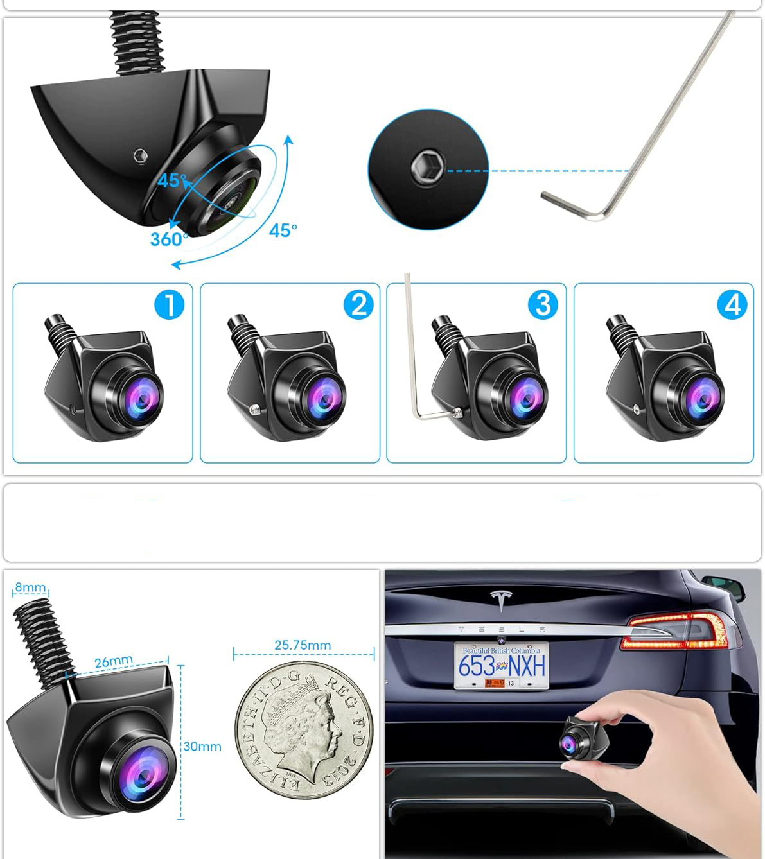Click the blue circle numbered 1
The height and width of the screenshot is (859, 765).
point(170,304)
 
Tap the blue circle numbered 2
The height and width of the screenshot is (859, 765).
point(358,304)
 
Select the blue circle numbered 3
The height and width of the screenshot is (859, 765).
point(543,304)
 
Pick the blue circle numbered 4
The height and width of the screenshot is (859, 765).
point(732,304)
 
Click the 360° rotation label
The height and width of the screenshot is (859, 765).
point(169,239)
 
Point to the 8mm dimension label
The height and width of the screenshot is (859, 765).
point(30,587)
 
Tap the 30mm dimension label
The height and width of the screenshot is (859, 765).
point(202,747)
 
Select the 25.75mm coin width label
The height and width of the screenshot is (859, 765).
point(303,645)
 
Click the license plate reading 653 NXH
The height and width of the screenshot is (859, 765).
point(502,665)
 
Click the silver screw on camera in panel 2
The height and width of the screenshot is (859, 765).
point(254,409)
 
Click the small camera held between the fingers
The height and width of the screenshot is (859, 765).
point(583,738)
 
